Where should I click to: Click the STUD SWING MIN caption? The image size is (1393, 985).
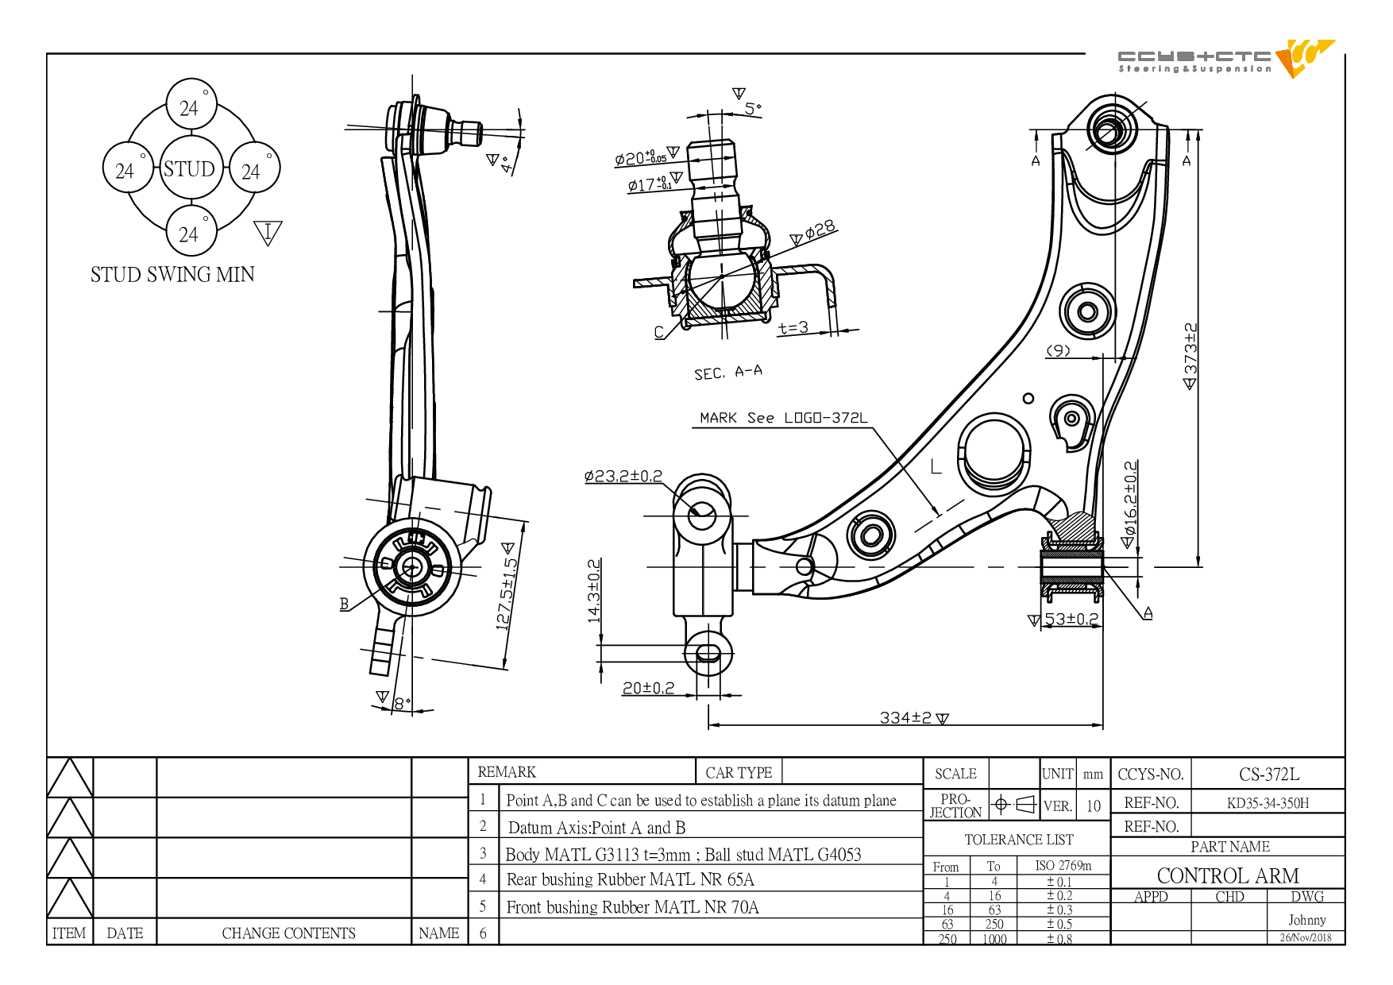pyautogui.click(x=172, y=275)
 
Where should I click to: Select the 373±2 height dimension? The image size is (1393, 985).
pyautogui.click(x=1190, y=356)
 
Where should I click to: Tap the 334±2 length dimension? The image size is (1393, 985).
pyautogui.click(x=913, y=717)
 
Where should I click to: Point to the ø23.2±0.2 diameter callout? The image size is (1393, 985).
pyautogui.click(x=623, y=476)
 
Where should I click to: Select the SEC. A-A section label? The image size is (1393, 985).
pyautogui.click(x=728, y=372)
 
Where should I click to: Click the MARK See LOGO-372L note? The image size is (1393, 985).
pyautogui.click(x=784, y=418)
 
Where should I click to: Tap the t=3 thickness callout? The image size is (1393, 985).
pyautogui.click(x=793, y=327)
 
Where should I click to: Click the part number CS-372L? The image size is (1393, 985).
pyautogui.click(x=1269, y=774)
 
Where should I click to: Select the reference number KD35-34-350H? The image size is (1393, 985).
pyautogui.click(x=1268, y=803)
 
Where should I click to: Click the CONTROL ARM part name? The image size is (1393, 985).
pyautogui.click(x=1228, y=875)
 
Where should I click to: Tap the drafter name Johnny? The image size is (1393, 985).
pyautogui.click(x=1307, y=920)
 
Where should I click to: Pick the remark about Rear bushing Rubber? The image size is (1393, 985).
pyautogui.click(x=631, y=879)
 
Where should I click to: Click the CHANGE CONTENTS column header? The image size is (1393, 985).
pyautogui.click(x=288, y=933)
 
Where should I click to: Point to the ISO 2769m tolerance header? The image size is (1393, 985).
pyautogui.click(x=1063, y=865)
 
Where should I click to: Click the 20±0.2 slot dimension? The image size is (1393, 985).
pyautogui.click(x=648, y=688)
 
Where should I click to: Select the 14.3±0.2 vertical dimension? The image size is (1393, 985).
pyautogui.click(x=594, y=590)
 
